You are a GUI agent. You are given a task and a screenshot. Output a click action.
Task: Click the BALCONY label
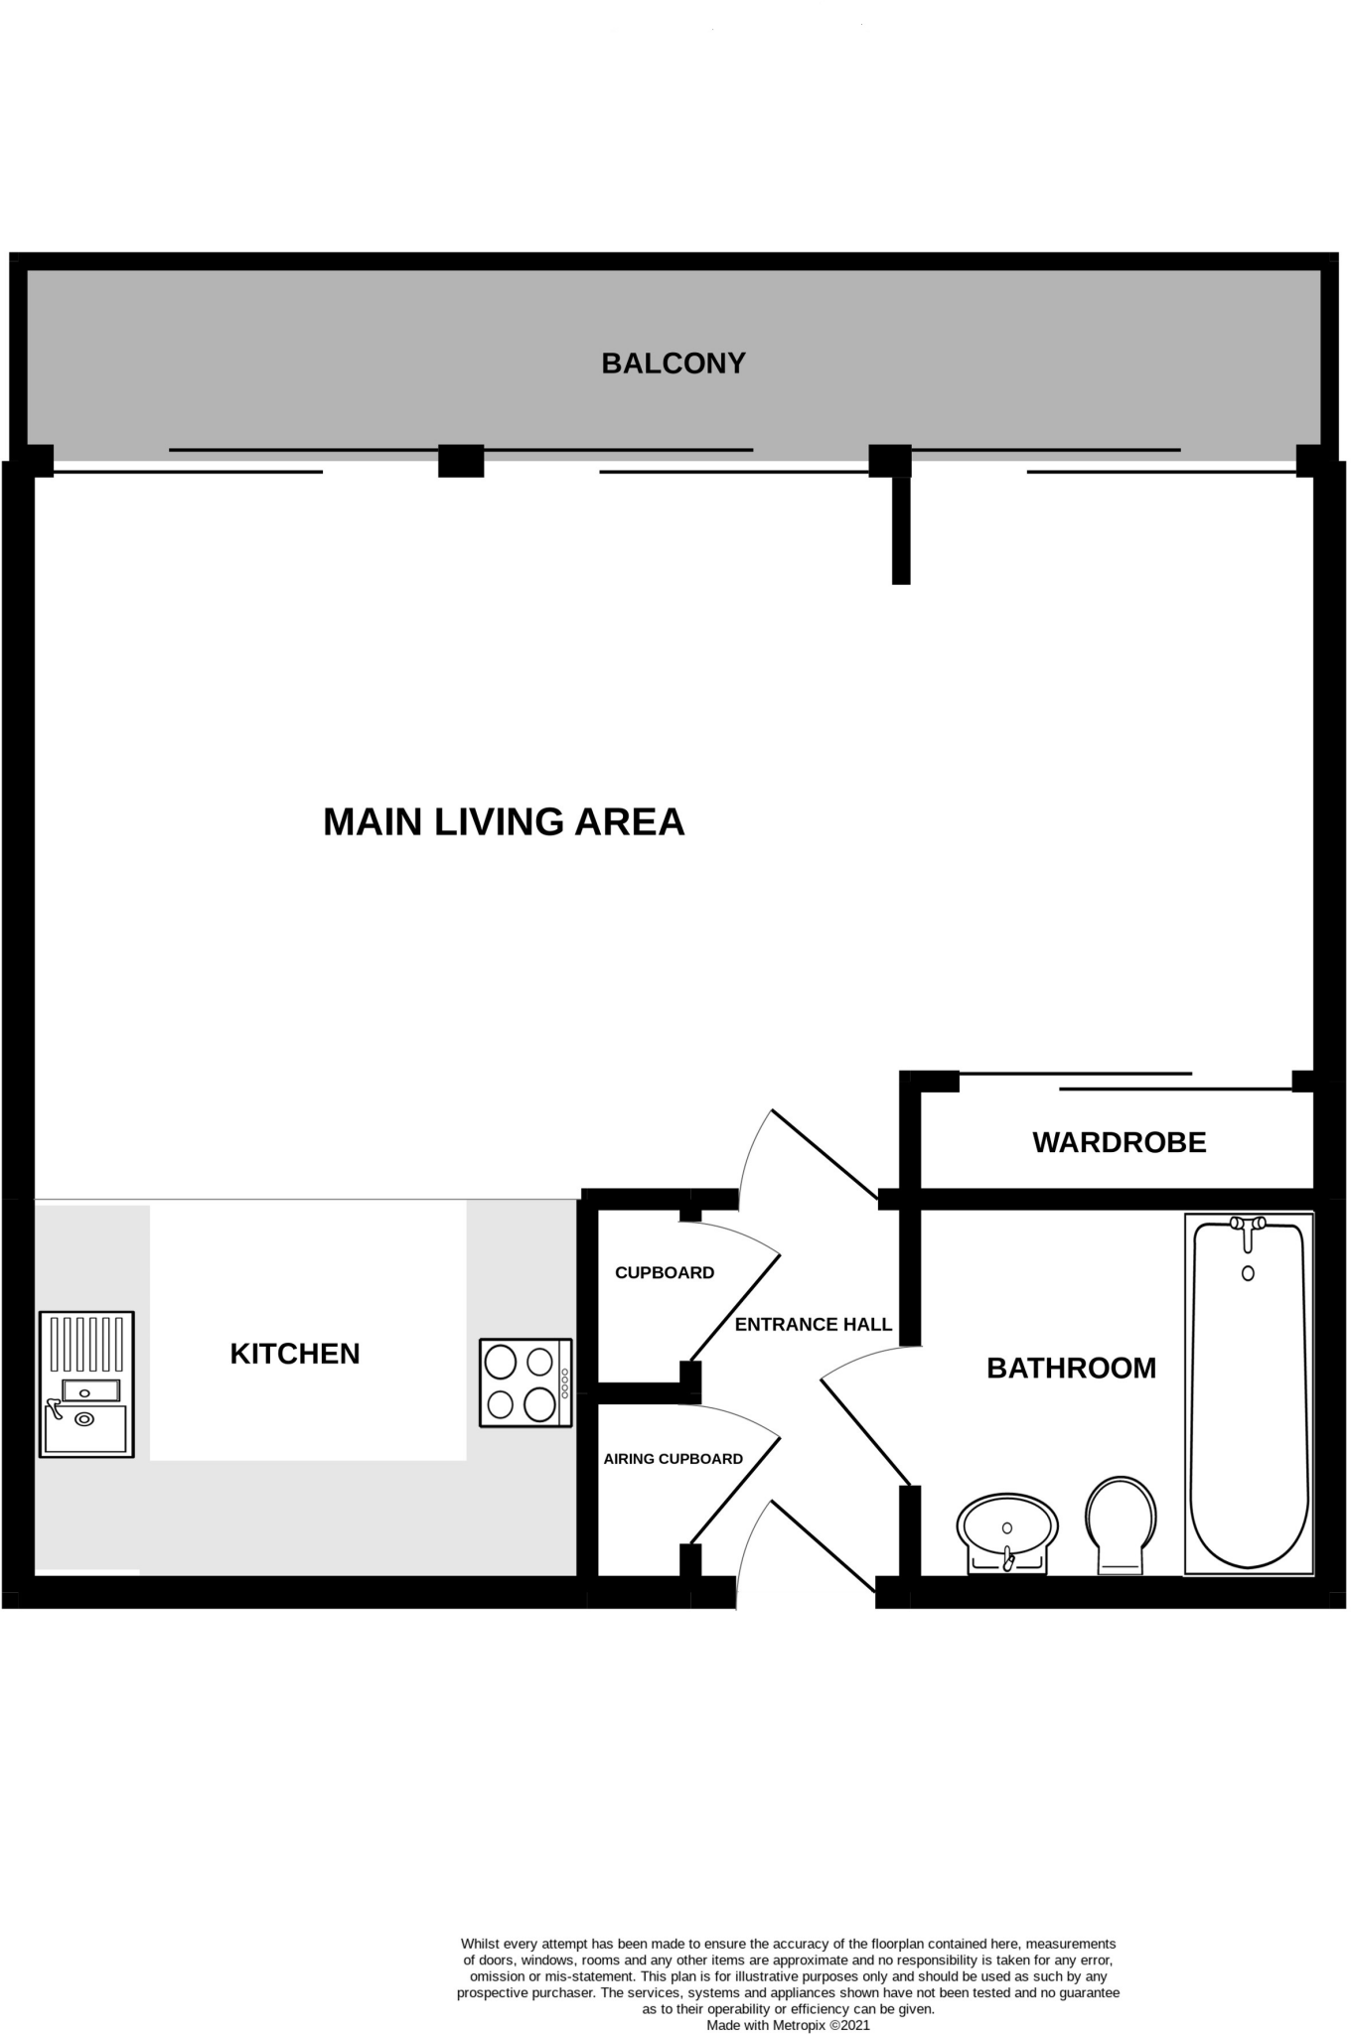coord(674,363)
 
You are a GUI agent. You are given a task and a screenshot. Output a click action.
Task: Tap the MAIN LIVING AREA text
coord(504,822)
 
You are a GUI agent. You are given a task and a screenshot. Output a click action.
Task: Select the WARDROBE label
coord(1119,1142)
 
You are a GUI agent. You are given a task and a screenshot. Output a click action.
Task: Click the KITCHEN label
coord(295,1354)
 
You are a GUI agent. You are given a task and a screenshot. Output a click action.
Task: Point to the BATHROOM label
coord(1071,1369)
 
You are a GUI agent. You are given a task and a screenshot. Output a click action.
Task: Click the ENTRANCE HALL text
coord(813,1324)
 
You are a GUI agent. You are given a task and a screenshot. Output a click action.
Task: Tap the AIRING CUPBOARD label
coord(673,1459)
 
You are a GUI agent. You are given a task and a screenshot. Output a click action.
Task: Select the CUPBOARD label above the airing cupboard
coord(664,1273)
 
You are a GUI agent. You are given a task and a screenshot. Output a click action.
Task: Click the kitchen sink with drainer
coord(86,1383)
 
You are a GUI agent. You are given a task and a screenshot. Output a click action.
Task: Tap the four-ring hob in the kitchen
coord(525,1383)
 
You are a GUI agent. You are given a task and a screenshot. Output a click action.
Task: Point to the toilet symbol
coord(1121,1524)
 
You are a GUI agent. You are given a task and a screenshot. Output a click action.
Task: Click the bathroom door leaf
coord(864,1430)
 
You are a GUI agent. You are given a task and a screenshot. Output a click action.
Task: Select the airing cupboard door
coord(735,1490)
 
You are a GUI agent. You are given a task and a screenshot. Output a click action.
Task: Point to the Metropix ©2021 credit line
coord(788,2025)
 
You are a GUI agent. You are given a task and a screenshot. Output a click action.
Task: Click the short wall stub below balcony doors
coord(900,529)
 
